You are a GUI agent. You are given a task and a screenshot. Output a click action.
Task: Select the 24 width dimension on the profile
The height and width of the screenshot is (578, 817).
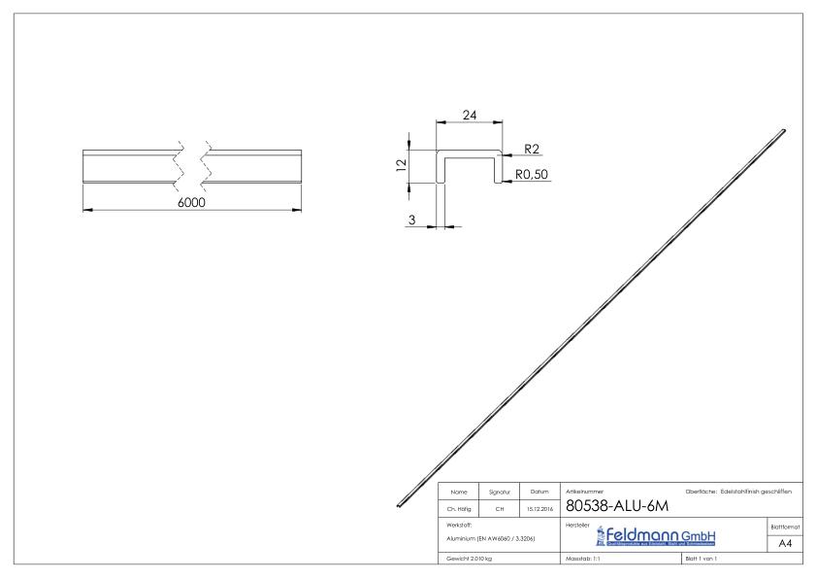click(x=470, y=115)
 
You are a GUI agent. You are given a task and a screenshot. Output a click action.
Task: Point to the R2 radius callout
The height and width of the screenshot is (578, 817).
click(x=532, y=151)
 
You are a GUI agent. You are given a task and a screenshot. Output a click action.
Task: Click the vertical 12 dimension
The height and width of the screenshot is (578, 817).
click(x=400, y=166)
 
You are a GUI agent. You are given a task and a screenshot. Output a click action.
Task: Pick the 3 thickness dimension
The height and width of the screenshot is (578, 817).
click(x=411, y=221)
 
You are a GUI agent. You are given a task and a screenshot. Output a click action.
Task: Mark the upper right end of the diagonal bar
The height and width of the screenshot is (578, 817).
click(x=783, y=130)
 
